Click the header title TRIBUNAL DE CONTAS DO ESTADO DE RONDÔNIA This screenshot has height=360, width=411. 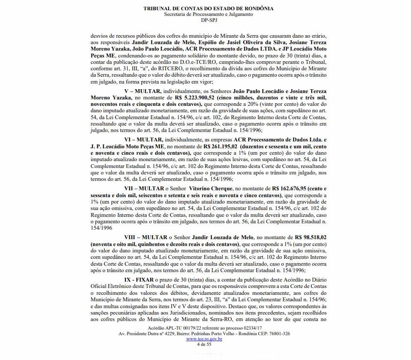coord(208,9)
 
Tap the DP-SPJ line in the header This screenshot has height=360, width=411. coord(208,20)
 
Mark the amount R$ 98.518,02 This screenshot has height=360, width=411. coord(311,237)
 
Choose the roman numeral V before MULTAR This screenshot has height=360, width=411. coord(127,91)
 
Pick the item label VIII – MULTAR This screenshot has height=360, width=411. coord(146,237)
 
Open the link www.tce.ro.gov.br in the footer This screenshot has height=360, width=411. coord(204,339)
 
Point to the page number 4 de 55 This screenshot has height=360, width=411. coord(204,344)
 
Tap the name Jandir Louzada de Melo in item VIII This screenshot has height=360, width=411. coord(223,237)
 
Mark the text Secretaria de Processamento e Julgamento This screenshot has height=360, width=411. coord(208,14)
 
